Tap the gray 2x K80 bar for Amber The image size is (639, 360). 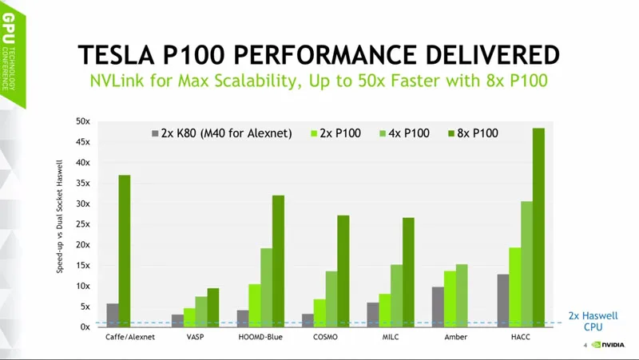437,307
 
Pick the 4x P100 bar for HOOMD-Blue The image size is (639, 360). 265,287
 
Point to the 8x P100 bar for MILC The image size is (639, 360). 408,272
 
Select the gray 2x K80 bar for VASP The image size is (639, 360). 177,320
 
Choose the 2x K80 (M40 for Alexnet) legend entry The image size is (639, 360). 220,133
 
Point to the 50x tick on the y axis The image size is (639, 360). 82,121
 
